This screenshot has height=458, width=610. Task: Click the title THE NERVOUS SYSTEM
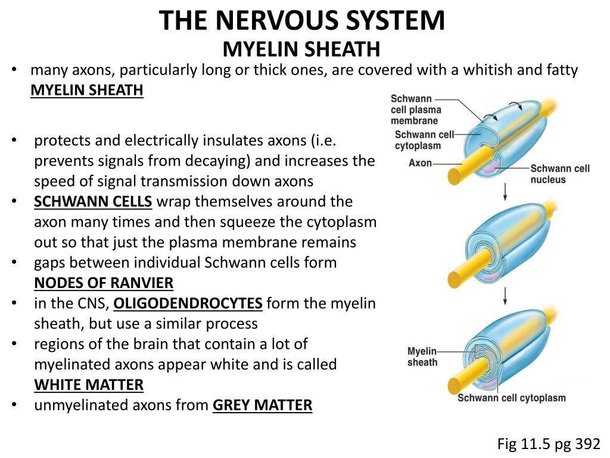click(302, 20)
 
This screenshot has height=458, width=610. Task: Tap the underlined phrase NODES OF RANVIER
click(104, 283)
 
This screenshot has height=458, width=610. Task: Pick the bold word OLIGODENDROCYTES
click(188, 304)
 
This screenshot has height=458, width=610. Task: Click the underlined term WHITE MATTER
click(89, 385)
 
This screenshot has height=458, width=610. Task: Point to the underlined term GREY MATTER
click(262, 406)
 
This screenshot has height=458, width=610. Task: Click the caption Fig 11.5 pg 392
click(549, 444)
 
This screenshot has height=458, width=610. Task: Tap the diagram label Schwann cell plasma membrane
click(416, 109)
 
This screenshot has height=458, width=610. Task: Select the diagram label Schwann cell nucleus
click(560, 174)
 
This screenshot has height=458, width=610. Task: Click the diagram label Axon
click(420, 162)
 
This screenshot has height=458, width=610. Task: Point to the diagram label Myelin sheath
click(422, 357)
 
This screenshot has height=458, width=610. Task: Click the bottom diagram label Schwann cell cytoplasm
click(511, 398)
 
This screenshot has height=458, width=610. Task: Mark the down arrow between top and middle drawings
click(505, 192)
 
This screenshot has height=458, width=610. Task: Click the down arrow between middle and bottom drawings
click(505, 294)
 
